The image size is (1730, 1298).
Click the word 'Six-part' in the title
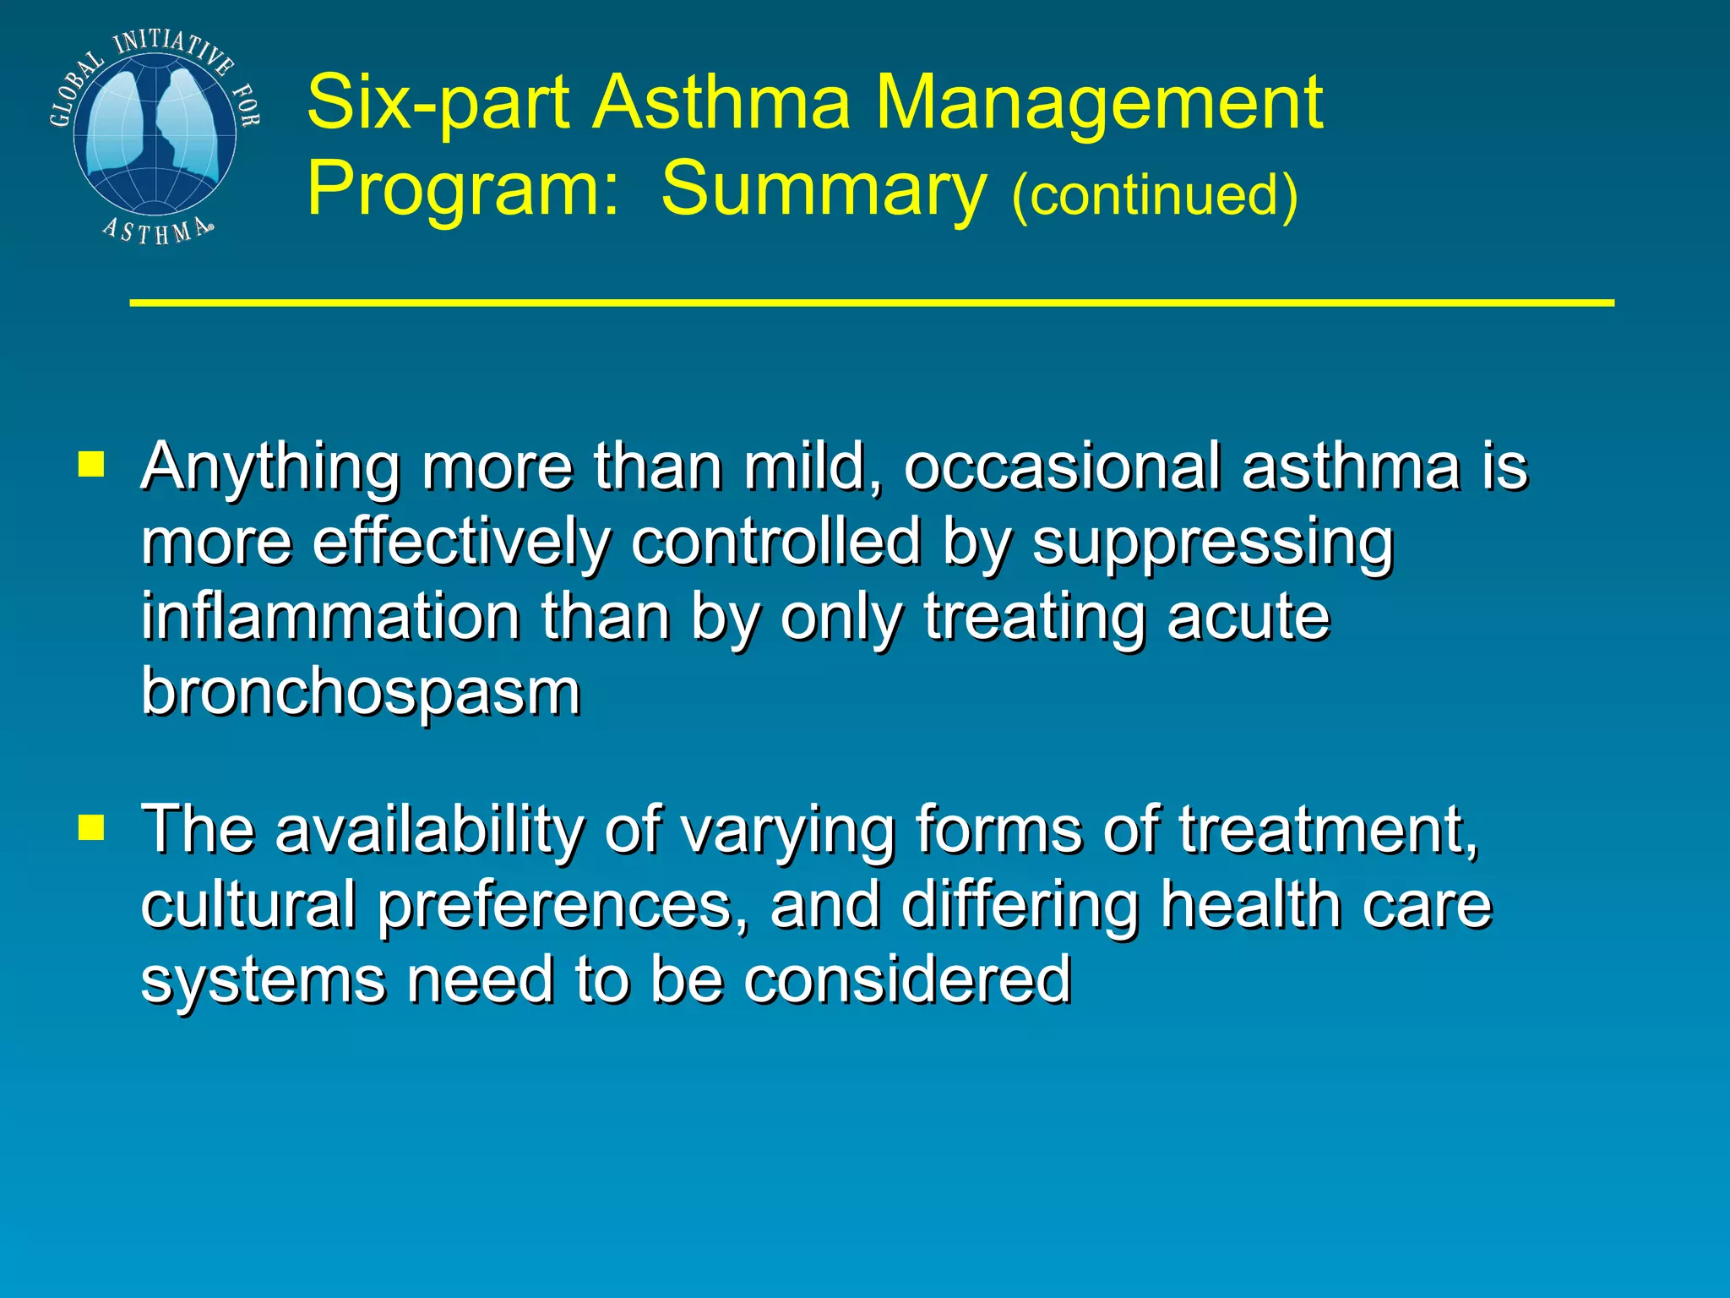point(438,103)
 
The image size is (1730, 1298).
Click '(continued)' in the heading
point(1154,194)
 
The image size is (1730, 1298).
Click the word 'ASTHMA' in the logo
point(156,230)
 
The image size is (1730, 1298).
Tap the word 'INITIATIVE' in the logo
point(173,46)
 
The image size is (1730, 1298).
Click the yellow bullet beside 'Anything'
point(90,464)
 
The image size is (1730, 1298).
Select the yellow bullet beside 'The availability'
point(90,827)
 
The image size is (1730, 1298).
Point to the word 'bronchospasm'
point(361,691)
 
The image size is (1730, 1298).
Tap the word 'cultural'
point(248,904)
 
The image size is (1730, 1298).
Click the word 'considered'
point(907,979)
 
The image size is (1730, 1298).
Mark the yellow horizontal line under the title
point(871,302)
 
